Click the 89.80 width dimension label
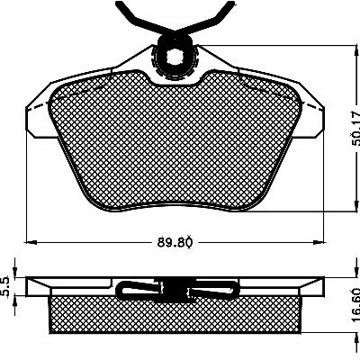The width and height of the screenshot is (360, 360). click(175, 242)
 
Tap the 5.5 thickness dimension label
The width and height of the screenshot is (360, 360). click(5, 287)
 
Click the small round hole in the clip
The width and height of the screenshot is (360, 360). click(173, 56)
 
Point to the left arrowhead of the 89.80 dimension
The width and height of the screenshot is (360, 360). click(31, 242)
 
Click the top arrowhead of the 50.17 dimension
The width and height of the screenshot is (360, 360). click(356, 51)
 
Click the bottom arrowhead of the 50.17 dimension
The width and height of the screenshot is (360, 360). click(356, 206)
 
